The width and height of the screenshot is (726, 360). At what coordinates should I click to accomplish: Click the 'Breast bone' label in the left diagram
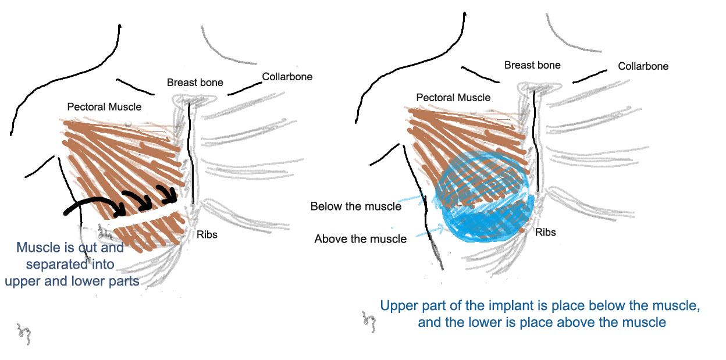click(x=195, y=83)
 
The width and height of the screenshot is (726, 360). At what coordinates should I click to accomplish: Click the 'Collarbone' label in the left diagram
click(x=287, y=77)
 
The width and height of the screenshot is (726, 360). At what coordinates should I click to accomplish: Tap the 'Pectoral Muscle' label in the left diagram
click(x=104, y=107)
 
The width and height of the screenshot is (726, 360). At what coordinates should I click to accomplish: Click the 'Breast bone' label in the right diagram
click(x=532, y=65)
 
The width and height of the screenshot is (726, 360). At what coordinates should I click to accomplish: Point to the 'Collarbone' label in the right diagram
click(x=643, y=66)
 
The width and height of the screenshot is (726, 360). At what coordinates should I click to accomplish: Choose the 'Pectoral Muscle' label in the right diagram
click(x=453, y=97)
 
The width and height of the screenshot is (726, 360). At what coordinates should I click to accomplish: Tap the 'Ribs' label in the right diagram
click(x=545, y=233)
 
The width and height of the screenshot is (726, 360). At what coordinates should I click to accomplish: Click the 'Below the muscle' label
click(x=355, y=206)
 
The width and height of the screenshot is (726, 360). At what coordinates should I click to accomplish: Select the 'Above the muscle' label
click(x=360, y=239)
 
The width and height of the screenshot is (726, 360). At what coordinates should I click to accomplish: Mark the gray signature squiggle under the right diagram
click(x=368, y=319)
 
